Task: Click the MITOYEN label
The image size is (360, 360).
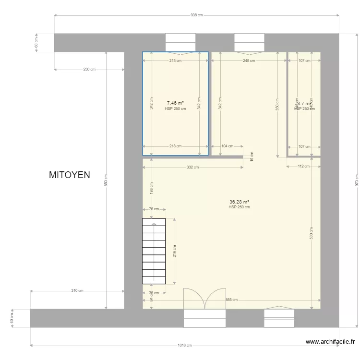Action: [70, 175]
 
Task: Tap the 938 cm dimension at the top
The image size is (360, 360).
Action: [197, 15]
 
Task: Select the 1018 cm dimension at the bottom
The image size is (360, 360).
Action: [185, 345]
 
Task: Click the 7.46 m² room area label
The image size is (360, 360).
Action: [175, 103]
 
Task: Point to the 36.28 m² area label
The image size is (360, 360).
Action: [239, 202]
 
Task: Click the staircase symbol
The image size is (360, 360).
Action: [154, 252]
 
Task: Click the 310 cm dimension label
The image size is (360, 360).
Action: [77, 291]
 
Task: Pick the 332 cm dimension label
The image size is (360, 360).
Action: [193, 168]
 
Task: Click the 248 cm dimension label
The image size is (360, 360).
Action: [249, 61]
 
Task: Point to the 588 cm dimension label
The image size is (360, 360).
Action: [232, 300]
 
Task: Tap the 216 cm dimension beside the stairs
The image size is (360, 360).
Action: [175, 251]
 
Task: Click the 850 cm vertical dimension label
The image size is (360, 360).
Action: [107, 180]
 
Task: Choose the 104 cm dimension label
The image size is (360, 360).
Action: [228, 146]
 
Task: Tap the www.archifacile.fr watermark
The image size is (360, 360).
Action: [331, 342]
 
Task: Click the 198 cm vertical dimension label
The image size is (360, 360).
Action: [152, 188]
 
